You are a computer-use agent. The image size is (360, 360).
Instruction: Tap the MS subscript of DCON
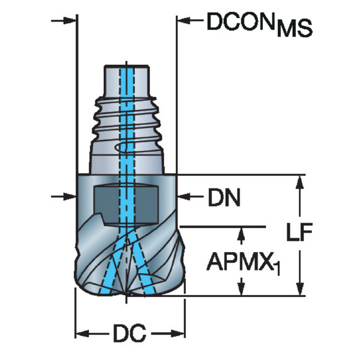pos(295,28)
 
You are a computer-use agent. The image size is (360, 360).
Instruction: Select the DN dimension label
pos(224,197)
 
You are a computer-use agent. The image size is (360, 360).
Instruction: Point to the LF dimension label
pos(299,232)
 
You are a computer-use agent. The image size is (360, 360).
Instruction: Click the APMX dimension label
pos(240,261)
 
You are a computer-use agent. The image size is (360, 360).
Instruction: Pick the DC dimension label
pos(130,333)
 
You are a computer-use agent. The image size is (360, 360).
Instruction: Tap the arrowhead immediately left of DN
pos(184,197)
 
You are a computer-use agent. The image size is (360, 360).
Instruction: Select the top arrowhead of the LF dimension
pos(299,182)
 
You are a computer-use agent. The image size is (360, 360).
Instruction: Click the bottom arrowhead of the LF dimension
pos(299,289)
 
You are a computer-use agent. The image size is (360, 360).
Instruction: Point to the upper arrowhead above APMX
pos(241,234)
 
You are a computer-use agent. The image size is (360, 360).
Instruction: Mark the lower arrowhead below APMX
pos(241,289)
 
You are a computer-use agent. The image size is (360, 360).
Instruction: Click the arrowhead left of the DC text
pos(83,334)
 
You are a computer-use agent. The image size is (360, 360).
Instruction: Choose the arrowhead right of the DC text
pos(178,334)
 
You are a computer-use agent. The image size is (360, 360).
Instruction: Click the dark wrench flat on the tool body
pos(126,204)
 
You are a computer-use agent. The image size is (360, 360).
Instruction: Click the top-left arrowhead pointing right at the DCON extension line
pos(70,20)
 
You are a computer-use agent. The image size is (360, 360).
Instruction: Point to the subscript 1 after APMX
pos(277,268)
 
